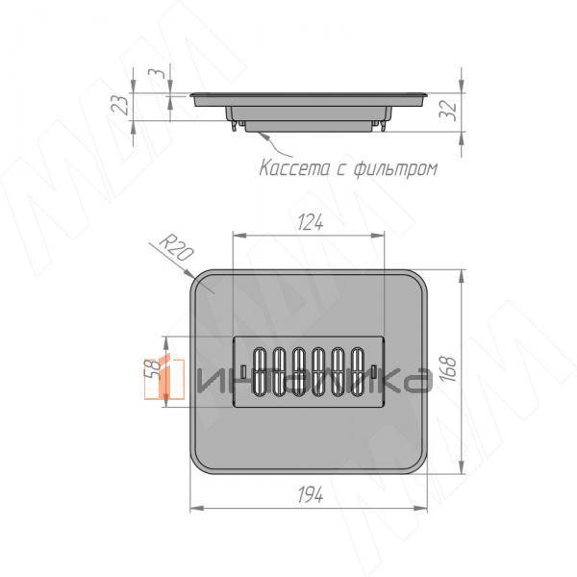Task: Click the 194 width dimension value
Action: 311,494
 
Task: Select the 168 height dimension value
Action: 449,369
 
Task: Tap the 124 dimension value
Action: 310,223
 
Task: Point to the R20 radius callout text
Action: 176,248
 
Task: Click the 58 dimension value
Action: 152,369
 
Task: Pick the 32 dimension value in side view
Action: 448,111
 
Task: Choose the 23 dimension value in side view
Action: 120,105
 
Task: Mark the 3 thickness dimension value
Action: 157,73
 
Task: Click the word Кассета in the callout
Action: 295,168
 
